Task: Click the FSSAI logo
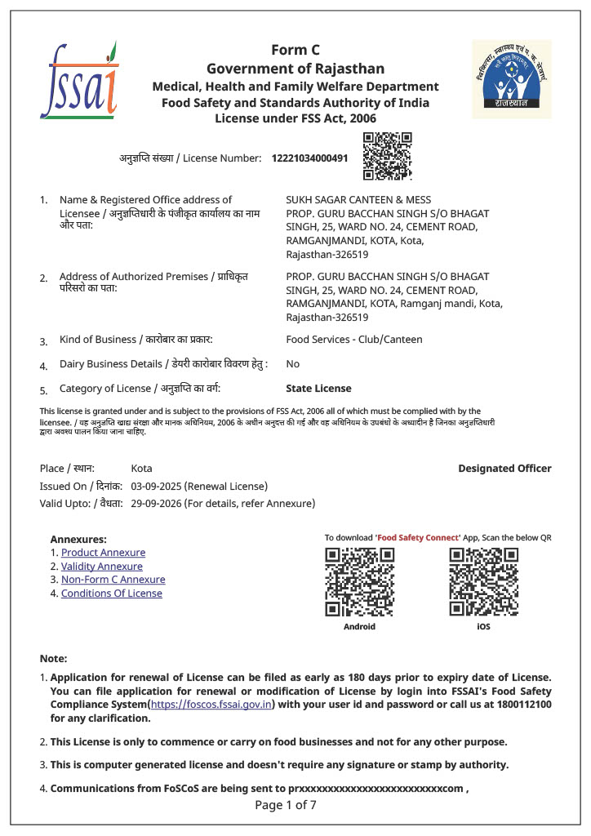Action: tap(79, 79)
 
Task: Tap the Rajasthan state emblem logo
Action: tap(512, 79)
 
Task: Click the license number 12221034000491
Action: tap(309, 158)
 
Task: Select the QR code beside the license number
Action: tap(387, 155)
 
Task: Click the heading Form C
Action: tap(295, 51)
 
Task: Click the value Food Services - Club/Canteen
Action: tap(354, 340)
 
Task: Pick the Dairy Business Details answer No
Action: tap(292, 364)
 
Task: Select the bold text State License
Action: tap(318, 389)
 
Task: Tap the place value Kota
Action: tap(141, 469)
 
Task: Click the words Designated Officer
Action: tap(504, 469)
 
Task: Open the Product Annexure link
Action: tap(103, 553)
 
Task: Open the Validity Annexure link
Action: tap(102, 567)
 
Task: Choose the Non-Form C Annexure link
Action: tap(113, 580)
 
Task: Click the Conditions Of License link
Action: tap(111, 594)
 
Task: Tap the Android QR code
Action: tap(359, 582)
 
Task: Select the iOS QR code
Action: tap(483, 582)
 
